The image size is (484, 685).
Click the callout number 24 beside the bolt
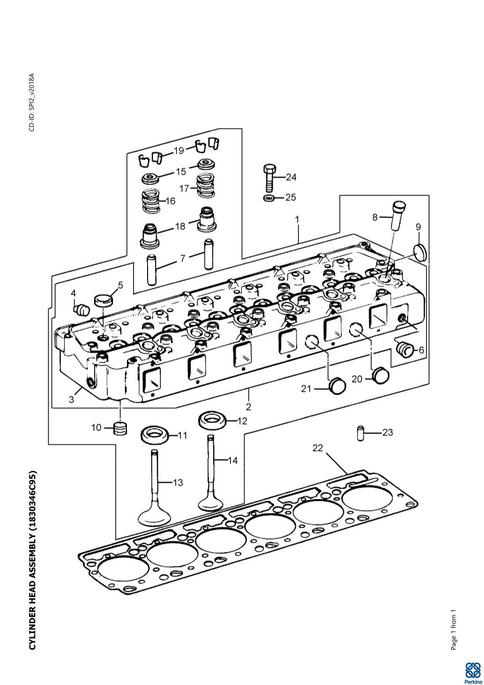click(x=291, y=177)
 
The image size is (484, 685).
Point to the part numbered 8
click(x=398, y=215)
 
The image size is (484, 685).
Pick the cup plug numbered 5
click(x=104, y=300)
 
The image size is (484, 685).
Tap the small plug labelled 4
click(x=82, y=309)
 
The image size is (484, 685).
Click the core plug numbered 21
click(x=337, y=385)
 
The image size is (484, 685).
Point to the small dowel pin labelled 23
click(x=361, y=433)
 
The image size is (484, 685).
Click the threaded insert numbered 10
click(x=121, y=428)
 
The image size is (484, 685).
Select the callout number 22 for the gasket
click(x=318, y=448)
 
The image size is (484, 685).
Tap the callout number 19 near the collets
click(x=179, y=151)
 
